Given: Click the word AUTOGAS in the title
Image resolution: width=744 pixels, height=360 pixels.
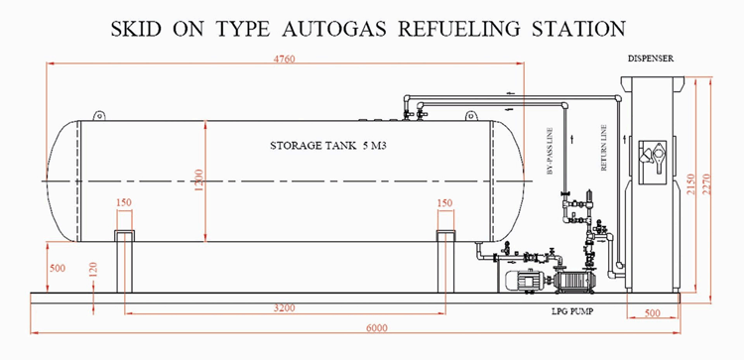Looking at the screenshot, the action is (334, 29).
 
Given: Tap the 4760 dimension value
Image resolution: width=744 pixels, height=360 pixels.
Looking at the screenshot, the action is (284, 59).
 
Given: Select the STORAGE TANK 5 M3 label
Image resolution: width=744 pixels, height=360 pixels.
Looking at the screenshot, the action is (328, 146).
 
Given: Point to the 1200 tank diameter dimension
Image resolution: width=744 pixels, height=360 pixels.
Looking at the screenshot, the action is (198, 180).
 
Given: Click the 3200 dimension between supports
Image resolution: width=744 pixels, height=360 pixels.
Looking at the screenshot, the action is (285, 308).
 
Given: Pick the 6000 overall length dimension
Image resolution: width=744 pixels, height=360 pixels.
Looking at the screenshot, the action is (376, 328).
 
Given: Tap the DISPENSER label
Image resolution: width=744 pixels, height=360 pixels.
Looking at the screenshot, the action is (651, 59).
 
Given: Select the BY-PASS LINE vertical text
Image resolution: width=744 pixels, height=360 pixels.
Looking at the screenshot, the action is (550, 151).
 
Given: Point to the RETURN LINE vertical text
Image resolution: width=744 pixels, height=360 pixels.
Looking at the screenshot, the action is (603, 148).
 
